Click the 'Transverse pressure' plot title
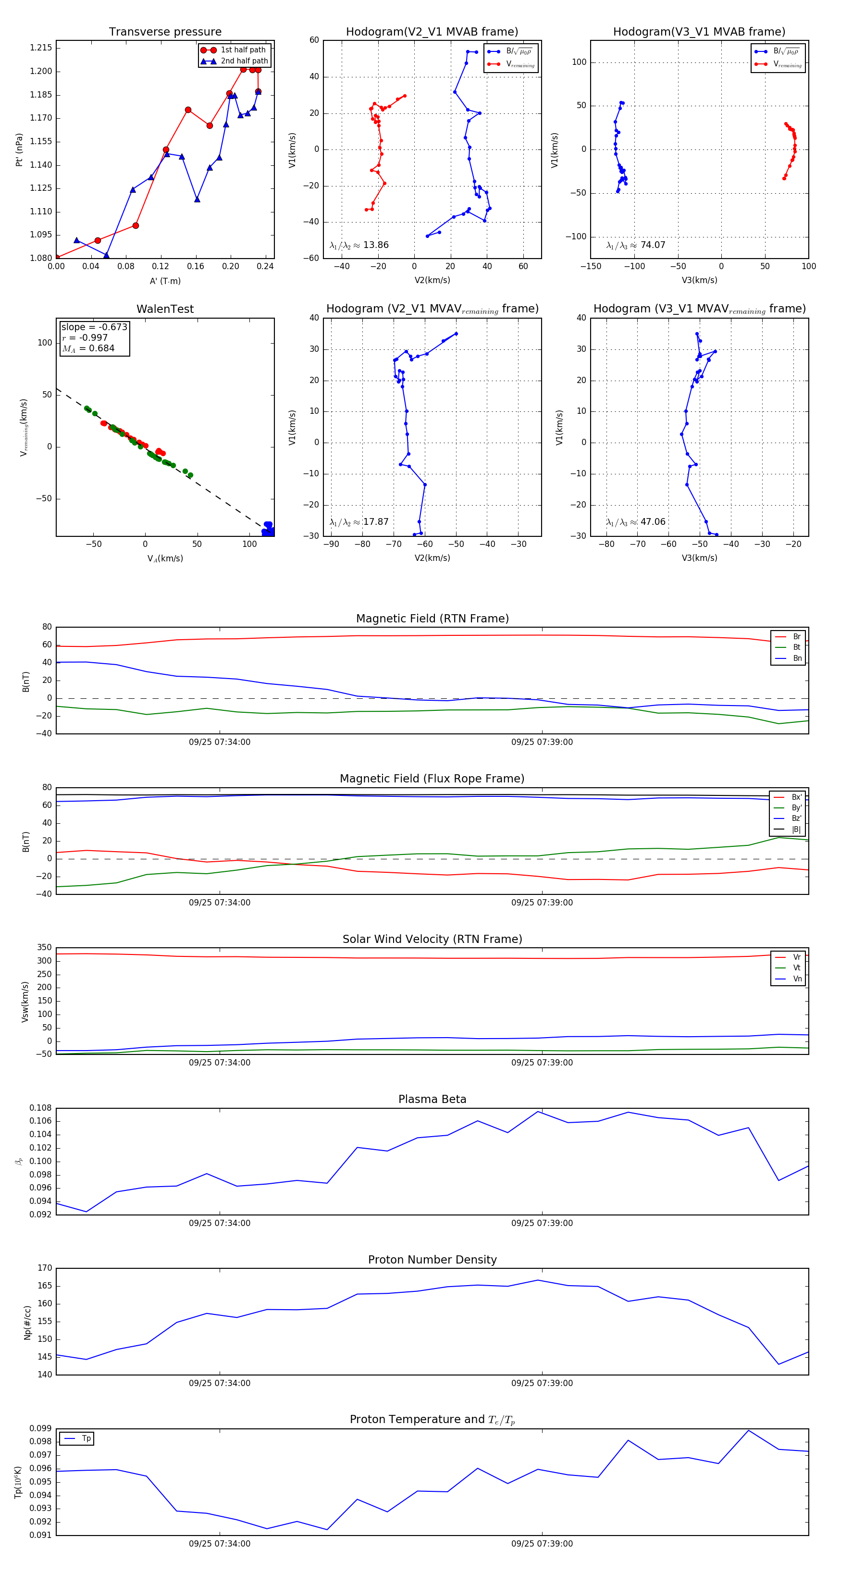tap(165, 32)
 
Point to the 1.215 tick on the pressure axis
tap(41, 48)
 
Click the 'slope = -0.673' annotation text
tap(94, 327)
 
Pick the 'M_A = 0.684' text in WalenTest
tap(88, 348)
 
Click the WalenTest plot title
tap(165, 309)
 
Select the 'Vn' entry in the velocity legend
tap(797, 979)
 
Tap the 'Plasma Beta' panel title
tap(432, 1100)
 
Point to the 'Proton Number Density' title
tap(432, 1260)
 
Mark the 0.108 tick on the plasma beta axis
tap(41, 1108)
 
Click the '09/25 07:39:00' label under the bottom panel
tap(542, 1544)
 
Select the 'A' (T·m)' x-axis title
tap(165, 281)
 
